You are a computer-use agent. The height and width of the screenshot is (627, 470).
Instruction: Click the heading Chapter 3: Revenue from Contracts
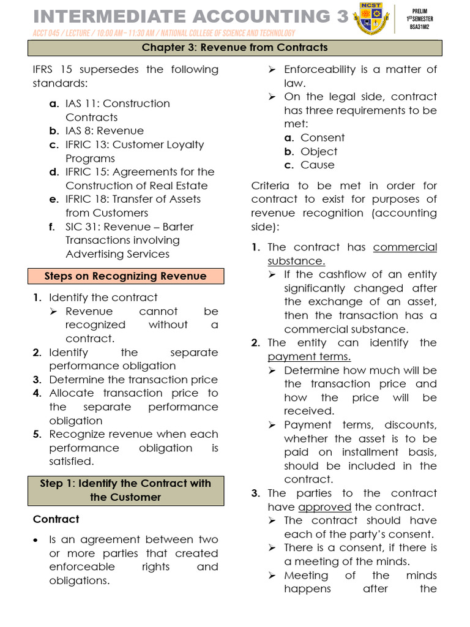point(235,47)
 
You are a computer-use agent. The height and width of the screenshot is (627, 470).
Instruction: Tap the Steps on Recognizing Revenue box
point(125,276)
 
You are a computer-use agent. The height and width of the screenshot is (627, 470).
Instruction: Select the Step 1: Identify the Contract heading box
point(125,490)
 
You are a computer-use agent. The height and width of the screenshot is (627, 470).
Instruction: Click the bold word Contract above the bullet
point(56,519)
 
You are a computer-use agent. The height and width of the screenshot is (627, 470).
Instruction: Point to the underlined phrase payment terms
point(309,356)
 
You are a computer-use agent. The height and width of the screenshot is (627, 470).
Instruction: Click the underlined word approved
point(324,507)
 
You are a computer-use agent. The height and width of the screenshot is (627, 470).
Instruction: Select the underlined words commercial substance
point(352,254)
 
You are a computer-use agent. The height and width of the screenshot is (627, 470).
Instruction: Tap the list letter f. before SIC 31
point(52,227)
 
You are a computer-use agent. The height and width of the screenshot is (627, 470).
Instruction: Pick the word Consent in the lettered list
point(323,138)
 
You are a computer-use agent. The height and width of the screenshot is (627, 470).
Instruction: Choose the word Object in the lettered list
point(319,151)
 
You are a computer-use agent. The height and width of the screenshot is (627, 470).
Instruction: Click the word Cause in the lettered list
point(318,165)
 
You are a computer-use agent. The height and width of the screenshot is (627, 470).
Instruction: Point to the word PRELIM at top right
point(420,11)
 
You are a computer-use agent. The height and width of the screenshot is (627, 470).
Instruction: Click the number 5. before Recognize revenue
point(37,434)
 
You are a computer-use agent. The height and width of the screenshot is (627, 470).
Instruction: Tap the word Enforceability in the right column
point(327,69)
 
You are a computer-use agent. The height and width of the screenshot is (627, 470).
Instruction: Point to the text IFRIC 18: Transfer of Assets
point(133,199)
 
